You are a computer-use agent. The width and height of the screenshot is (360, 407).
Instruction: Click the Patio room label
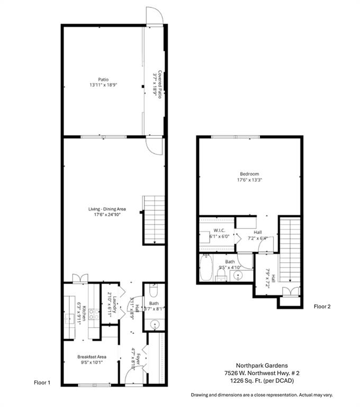coord(96,80)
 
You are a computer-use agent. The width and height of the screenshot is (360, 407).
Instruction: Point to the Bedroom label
coord(249,174)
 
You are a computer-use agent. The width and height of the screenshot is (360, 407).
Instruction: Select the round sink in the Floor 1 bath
coord(155,324)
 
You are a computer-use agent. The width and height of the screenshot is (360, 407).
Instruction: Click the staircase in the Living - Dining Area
coord(154,220)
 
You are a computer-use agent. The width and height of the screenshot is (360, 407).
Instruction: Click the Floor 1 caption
coord(42,382)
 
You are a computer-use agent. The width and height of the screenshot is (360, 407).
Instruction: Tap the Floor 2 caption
coord(322,306)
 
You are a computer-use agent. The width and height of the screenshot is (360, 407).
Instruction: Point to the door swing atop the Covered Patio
coord(154,16)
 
